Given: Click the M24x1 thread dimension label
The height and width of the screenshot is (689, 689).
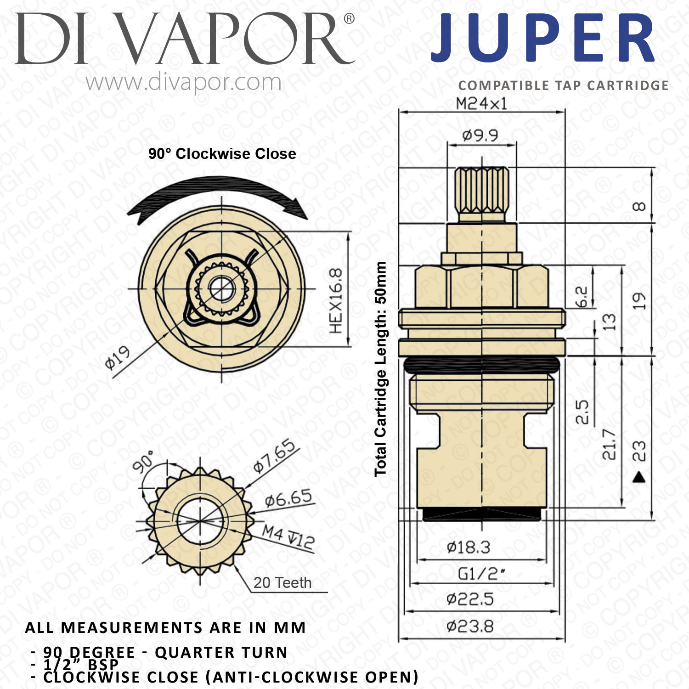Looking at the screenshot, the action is point(481,104).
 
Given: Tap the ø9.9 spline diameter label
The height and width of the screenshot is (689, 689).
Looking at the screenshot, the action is point(480,136).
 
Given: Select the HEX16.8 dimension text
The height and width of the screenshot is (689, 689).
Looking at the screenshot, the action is point(336,301).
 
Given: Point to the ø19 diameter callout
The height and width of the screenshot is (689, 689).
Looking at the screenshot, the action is point(118,358).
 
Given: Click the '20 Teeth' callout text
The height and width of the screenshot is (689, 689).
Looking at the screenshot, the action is point(282,582).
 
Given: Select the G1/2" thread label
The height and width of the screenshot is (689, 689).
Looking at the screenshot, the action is point(481,574).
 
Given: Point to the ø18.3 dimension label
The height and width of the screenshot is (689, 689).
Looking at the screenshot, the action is point(469,548).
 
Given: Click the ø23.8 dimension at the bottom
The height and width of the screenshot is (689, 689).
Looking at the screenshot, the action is point(470,626).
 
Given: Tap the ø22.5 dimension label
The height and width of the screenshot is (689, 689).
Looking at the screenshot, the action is point(470,599).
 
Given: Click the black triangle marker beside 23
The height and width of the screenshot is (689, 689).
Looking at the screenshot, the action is point(639,478).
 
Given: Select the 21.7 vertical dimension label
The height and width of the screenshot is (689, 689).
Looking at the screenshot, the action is point(609,445).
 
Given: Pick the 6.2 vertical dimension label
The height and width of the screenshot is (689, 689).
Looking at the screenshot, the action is point(582,296).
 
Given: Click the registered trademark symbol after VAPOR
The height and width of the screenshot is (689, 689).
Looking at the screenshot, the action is point(349,19).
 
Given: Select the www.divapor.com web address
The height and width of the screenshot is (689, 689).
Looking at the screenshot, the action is point(183,83).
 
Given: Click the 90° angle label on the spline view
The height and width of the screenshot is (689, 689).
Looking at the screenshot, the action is point(143,461).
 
